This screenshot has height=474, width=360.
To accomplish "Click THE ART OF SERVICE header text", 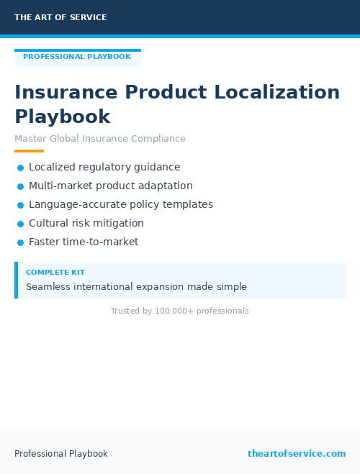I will pos(60,17).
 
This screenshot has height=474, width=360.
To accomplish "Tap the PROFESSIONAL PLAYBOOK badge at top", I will pos(77,57).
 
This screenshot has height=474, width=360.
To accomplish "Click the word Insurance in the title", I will pos(66,93).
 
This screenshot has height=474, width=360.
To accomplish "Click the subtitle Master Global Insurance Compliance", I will pos(100,139).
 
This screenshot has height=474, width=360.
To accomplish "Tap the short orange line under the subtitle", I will pos(29,151).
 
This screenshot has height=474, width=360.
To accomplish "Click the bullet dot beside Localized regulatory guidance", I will pos(20,168).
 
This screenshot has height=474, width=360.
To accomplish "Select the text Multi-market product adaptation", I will pos(111,186).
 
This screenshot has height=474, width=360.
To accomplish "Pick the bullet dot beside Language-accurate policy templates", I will pos(20,205).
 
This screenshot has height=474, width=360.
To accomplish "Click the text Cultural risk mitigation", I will pos(86,223).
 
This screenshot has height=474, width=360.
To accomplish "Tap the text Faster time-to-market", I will pos(84,242).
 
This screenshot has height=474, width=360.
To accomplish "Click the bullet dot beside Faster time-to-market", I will pos(20,242).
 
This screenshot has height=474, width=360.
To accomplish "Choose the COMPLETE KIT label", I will pos(55,273).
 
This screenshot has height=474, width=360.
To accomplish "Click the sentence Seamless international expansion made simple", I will pos(136,286).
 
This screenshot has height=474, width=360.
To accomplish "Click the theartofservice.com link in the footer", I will pos(297,454).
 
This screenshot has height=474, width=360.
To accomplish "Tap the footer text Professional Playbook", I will pos(61,454).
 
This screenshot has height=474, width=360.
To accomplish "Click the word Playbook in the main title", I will pos(63,117).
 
